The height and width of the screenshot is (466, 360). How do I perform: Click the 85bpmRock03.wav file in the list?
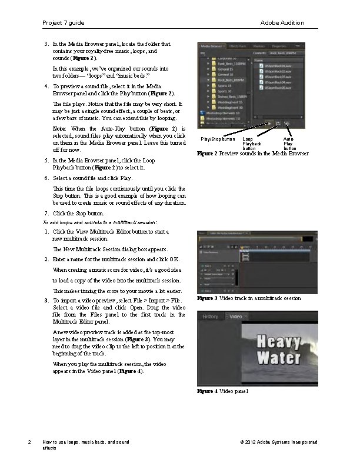point(279,76)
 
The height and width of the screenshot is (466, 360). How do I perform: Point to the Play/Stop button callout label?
point(218,139)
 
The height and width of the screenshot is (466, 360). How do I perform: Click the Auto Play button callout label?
point(289,144)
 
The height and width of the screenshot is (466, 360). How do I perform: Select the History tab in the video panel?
point(210,317)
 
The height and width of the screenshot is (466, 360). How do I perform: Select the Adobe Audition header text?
point(282,23)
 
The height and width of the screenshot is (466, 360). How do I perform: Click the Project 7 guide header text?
point(64,23)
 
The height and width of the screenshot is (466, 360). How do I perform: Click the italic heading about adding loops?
point(100,222)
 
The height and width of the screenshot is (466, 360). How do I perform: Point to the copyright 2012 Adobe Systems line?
point(279,442)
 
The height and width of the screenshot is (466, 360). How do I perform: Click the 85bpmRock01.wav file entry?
point(279,66)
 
